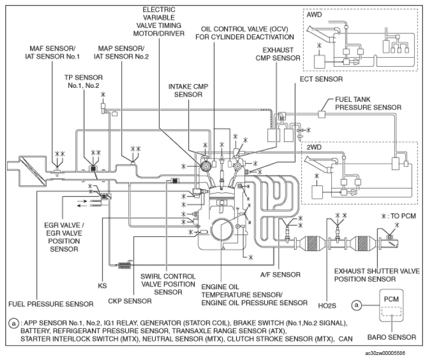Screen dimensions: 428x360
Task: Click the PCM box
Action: coord(391,305)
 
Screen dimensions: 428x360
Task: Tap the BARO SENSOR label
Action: coord(392,337)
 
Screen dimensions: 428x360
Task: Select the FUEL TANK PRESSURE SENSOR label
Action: coord(368,103)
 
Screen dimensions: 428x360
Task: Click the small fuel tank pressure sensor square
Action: coord(322,114)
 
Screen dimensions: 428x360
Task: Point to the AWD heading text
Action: coord(314,14)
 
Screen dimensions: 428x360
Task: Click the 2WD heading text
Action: coord(314,147)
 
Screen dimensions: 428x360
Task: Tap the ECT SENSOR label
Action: coord(321,79)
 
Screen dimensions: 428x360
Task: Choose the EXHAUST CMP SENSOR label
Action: coord(278,54)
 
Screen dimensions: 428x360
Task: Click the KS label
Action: coord(102,286)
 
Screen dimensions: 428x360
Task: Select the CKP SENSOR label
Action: coord(130,301)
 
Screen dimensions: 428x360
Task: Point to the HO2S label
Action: coord(327,305)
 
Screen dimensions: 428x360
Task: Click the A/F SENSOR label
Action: coord(281,275)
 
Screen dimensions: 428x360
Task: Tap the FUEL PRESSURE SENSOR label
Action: coord(51,304)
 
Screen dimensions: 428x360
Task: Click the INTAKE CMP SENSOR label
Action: coord(188,90)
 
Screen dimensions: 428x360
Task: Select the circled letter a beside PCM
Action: coord(357,305)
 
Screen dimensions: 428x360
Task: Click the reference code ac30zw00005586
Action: coord(385,353)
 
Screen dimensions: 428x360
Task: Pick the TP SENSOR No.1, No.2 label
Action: coord(83,81)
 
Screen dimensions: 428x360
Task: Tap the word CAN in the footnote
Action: coord(346,339)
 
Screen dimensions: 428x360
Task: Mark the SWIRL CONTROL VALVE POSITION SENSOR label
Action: coord(168,284)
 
